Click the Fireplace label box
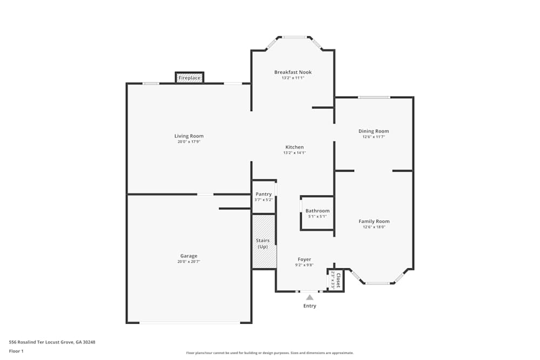click(x=190, y=78)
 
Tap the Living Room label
click(x=189, y=136)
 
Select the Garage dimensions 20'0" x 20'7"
click(x=189, y=262)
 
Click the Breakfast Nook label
click(x=293, y=72)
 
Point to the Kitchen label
click(x=294, y=147)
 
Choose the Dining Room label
click(x=374, y=131)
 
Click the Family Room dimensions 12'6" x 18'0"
click(x=374, y=227)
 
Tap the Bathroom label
click(x=317, y=211)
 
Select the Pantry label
click(x=264, y=194)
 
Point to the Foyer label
click(x=304, y=260)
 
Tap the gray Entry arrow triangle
click(x=309, y=297)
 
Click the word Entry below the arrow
click(x=309, y=306)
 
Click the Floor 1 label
click(x=16, y=351)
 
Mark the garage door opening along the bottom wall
click(x=189, y=323)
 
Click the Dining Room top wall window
click(x=374, y=97)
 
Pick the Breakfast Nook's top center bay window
click(x=294, y=37)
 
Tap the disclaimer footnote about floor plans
click(x=269, y=352)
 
